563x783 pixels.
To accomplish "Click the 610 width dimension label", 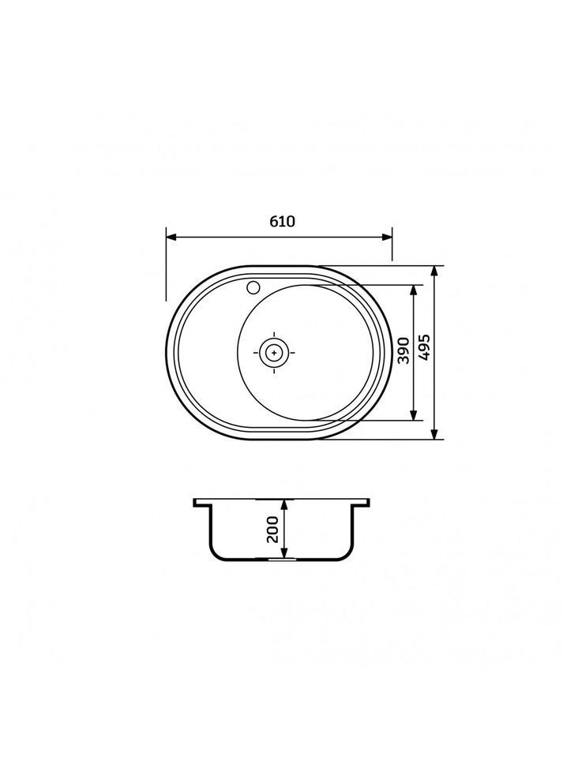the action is pos(282,221).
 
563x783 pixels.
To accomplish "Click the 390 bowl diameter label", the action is pos(403,350).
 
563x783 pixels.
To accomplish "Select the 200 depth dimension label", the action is pos(272,530).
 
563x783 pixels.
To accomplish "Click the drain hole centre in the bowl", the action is pos(274,352).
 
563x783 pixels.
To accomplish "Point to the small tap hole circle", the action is pos(253,287).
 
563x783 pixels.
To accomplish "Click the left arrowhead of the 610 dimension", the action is pos(171,238).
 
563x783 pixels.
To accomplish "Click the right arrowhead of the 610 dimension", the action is pos(387,238).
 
